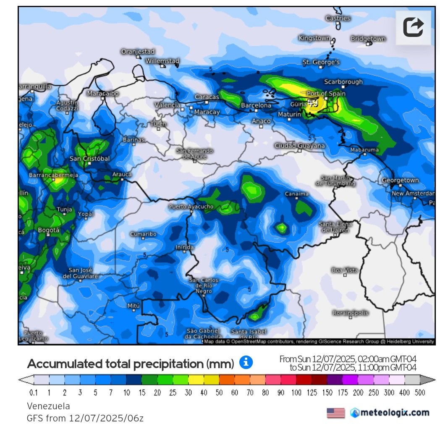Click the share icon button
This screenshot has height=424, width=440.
[413, 27]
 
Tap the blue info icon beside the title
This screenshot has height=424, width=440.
[246, 362]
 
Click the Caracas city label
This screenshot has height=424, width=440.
[207, 97]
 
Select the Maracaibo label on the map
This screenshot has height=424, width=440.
[103, 93]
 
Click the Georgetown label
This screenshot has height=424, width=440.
[400, 180]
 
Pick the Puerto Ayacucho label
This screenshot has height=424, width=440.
[191, 207]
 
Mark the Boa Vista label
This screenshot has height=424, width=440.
[345, 270]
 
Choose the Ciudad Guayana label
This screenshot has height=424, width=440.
[300, 146]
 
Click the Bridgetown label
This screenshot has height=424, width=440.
[368, 39]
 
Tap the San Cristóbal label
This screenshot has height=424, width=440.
[89, 158]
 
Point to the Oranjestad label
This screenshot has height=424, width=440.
[138, 51]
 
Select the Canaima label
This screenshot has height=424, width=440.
[297, 194]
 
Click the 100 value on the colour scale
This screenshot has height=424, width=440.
[297, 393]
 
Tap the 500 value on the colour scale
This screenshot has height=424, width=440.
[419, 393]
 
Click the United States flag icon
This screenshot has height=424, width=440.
[335, 413]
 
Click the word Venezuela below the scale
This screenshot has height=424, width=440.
[48, 406]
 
